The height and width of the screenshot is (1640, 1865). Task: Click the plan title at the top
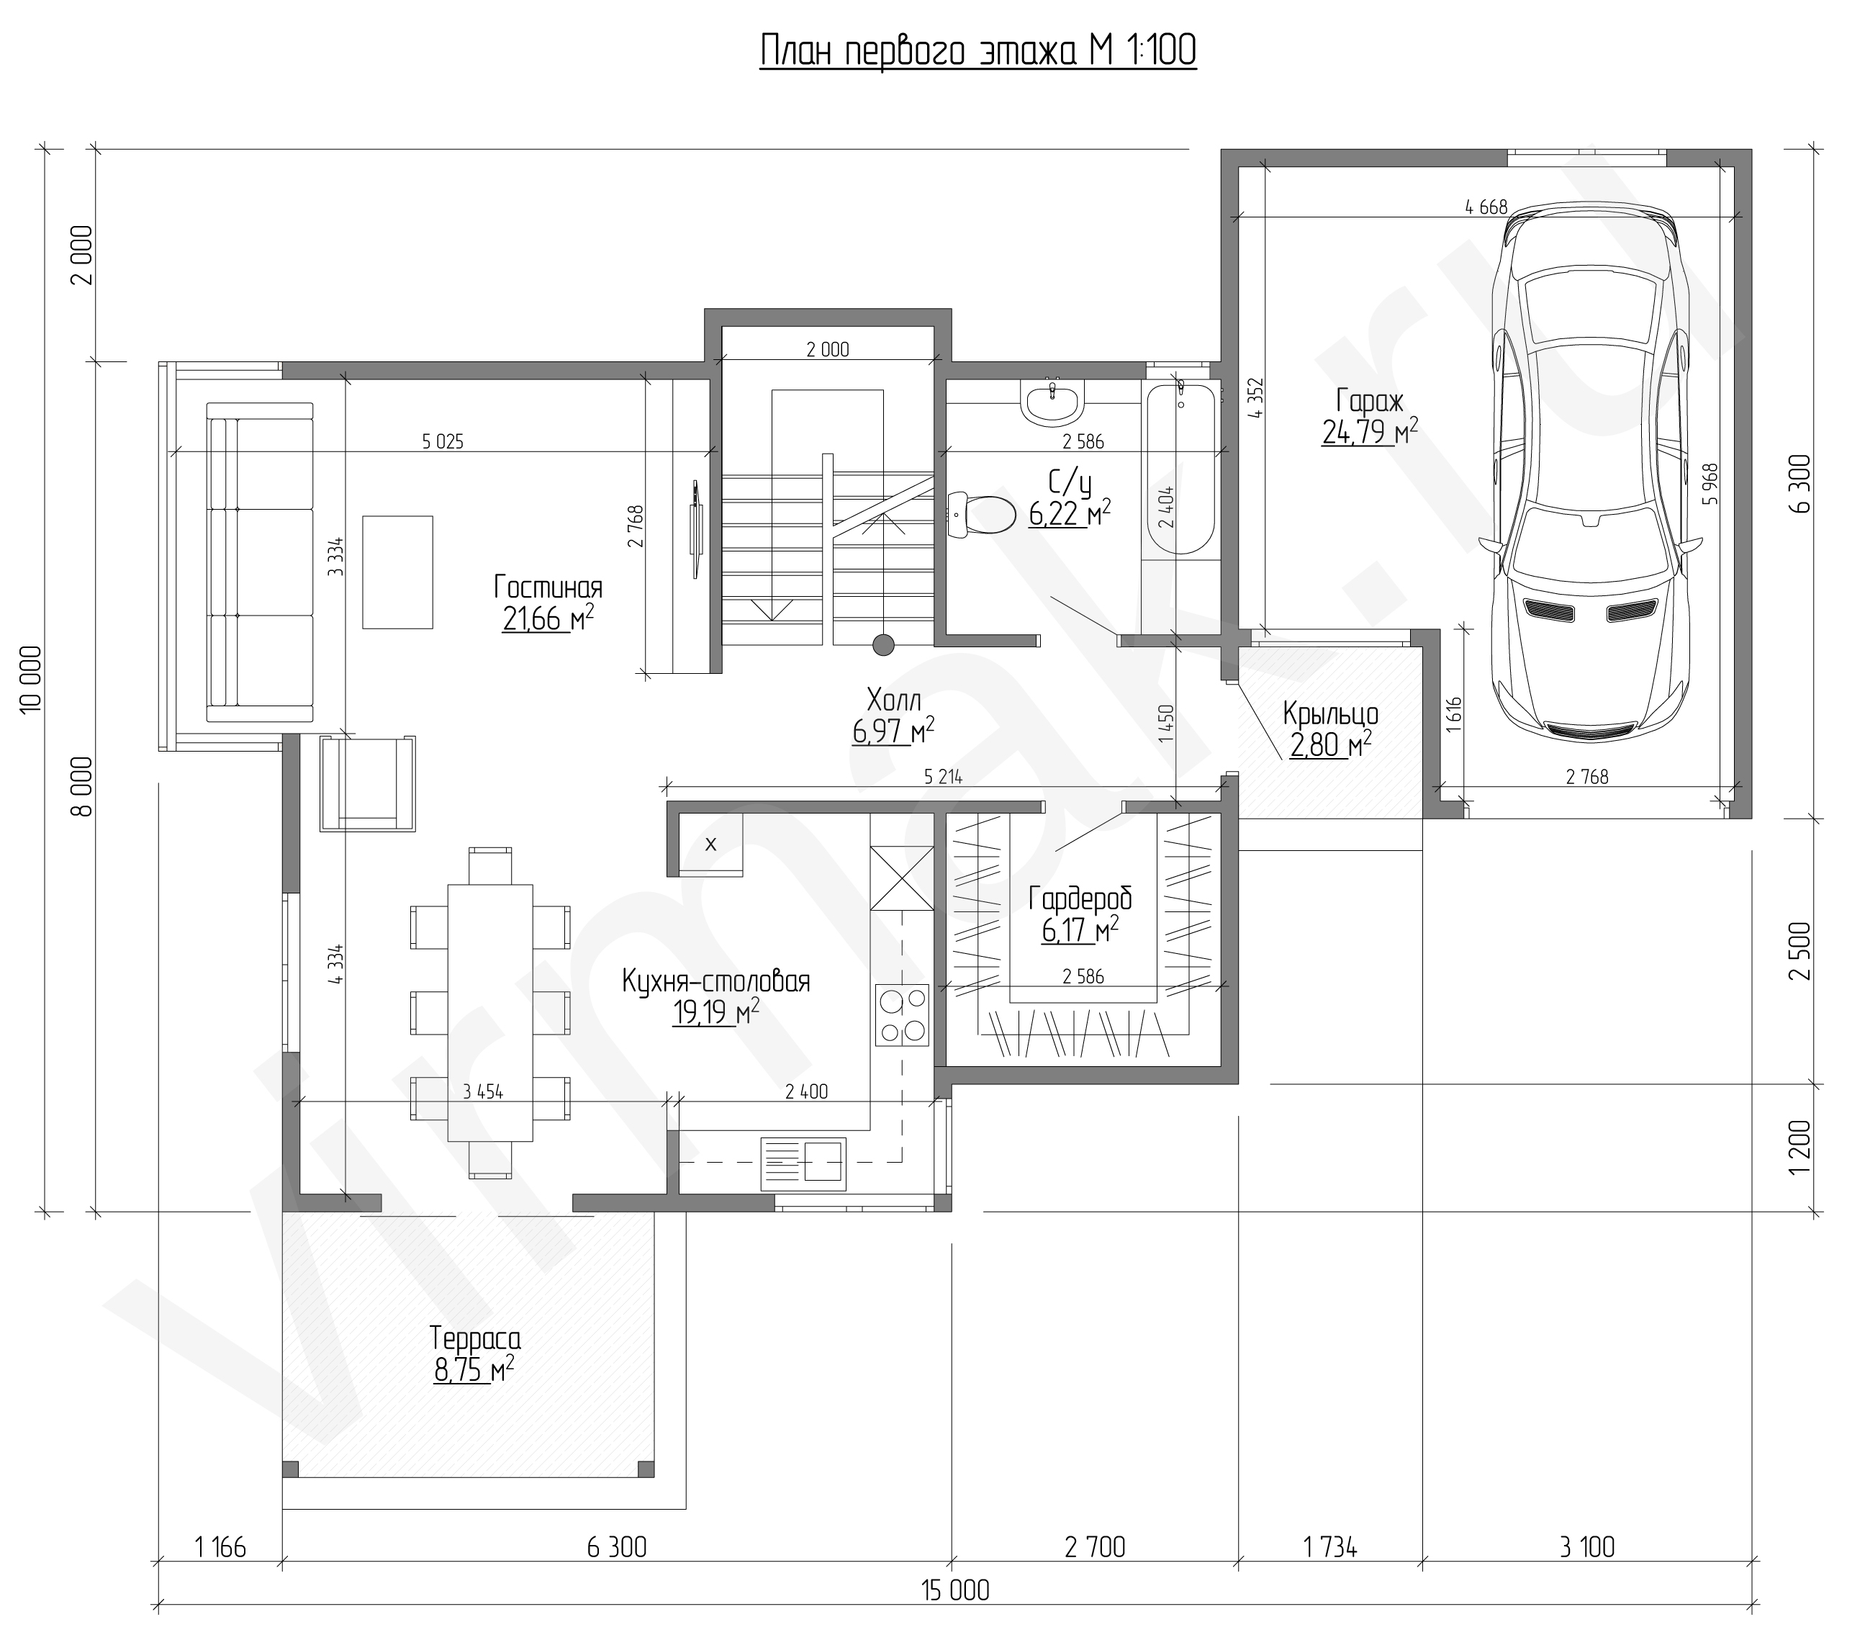click(x=977, y=51)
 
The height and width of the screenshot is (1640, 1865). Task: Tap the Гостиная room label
click(x=548, y=587)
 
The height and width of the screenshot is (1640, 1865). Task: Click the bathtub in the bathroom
click(x=1180, y=468)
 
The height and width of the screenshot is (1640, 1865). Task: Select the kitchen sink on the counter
click(x=803, y=1163)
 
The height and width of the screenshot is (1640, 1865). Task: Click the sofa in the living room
click(x=260, y=562)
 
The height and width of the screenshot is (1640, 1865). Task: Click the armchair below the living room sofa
click(x=368, y=783)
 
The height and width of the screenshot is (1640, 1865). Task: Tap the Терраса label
click(x=475, y=1339)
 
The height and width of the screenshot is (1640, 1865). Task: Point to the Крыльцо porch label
click(x=1330, y=713)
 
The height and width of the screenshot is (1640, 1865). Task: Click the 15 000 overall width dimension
click(x=955, y=1591)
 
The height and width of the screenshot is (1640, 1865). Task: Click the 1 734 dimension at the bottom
click(x=1330, y=1547)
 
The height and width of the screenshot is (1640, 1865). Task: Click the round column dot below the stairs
click(x=882, y=645)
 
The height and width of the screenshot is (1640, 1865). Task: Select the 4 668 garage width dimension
click(x=1486, y=207)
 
